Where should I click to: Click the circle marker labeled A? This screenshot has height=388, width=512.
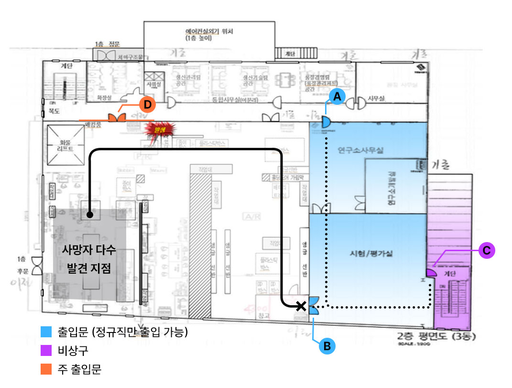coord(337,97)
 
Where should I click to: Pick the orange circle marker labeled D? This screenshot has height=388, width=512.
coord(148,103)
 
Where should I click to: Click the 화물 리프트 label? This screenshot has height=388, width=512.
coord(65,145)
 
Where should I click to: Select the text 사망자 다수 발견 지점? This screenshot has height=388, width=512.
coord(89,259)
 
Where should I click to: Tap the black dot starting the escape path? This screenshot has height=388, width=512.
coord(89,216)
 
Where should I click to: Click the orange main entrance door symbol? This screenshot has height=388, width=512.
coord(116,118)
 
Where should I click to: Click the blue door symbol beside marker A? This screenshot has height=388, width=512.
coord(326,122)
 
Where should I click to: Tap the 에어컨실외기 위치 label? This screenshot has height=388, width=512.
coord(209,33)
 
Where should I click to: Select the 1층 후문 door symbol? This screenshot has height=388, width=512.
coord(36,262)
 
